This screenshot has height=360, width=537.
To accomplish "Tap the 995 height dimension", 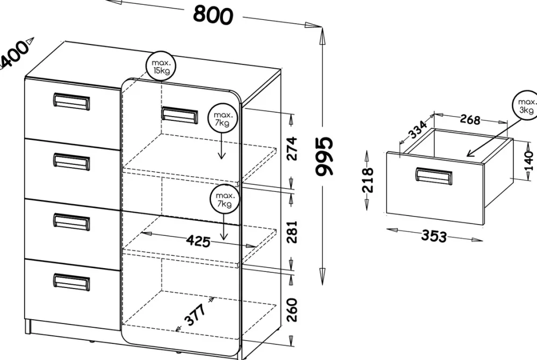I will click(x=324, y=156).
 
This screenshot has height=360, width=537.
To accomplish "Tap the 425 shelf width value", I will click(x=198, y=241).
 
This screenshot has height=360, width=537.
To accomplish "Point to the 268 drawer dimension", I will click(x=470, y=120).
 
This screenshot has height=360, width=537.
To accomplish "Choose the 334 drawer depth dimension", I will click(x=419, y=131).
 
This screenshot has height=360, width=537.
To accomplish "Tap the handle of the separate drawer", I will click(x=433, y=176).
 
